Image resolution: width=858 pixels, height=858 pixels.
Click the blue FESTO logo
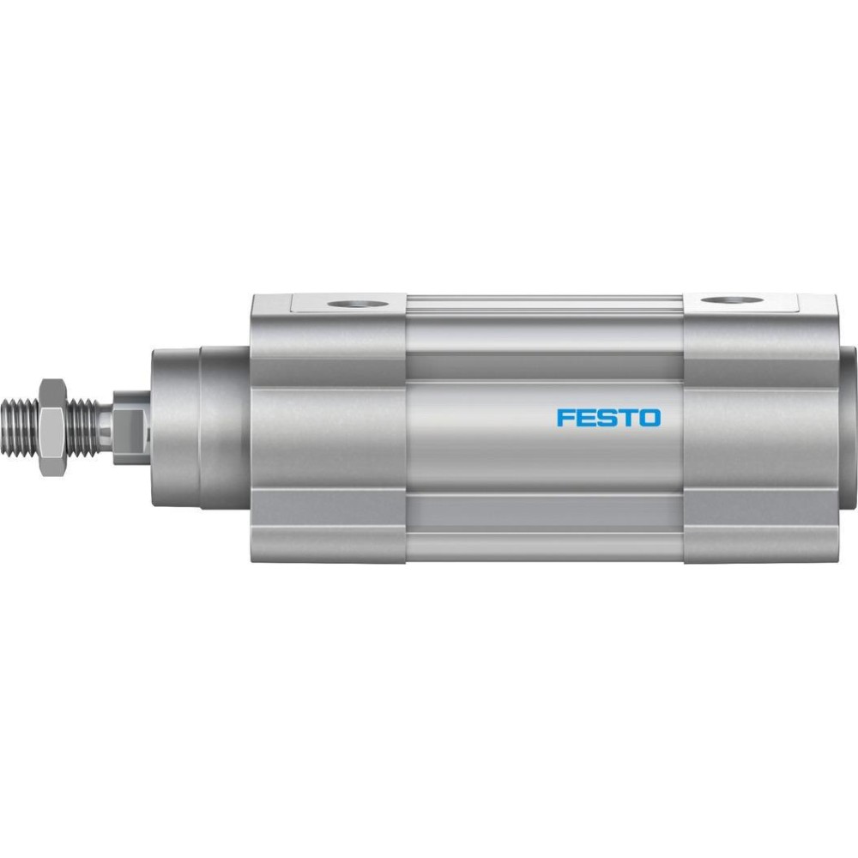[x=608, y=418]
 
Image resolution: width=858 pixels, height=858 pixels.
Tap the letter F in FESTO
[x=565, y=418]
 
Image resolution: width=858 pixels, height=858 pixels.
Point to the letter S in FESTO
[x=607, y=418]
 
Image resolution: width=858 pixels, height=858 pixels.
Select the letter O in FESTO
[x=650, y=418]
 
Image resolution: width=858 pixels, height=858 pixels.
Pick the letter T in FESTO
[x=626, y=418]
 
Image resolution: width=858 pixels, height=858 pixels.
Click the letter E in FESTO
[x=585, y=418]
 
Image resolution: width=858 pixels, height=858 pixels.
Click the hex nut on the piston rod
[x=53, y=426]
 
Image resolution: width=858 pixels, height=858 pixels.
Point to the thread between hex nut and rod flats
[x=84, y=426]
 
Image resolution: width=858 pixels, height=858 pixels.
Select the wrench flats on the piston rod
[x=131, y=426]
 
